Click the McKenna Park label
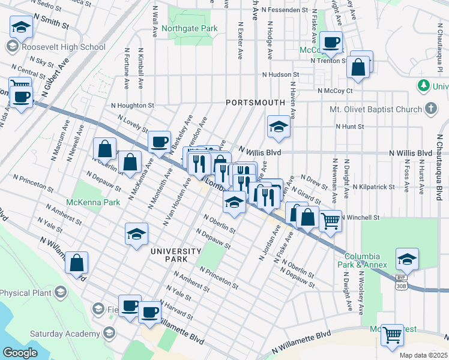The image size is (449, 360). coord(93,202)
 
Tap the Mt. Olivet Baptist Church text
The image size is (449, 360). coord(376,109)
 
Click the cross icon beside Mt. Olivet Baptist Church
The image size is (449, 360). coord(430,109)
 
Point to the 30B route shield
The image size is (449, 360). coord(401,286)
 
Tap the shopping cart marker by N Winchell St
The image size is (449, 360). coord(330,221)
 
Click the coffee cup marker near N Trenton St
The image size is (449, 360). coord(330,43)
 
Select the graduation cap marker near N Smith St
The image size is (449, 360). coord(21,27)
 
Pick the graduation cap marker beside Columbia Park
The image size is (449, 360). coord(407,259)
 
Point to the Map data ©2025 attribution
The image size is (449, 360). coord(423,355)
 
